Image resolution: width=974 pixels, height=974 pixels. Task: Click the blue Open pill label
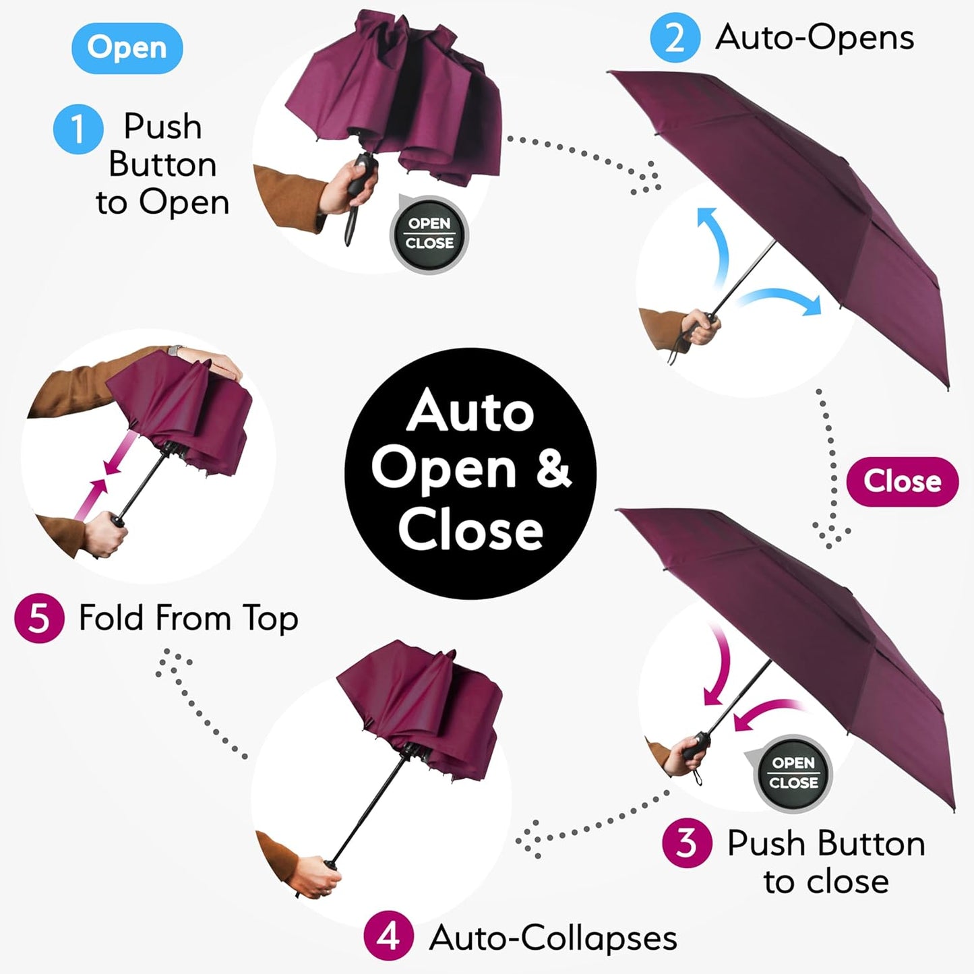click(x=127, y=48)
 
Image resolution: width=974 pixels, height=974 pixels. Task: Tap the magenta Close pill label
click(x=902, y=481)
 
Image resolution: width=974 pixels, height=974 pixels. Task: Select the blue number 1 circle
click(x=78, y=129)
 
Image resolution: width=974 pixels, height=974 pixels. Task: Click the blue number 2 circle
click(x=675, y=38)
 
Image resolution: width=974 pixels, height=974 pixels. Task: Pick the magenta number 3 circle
click(x=686, y=843)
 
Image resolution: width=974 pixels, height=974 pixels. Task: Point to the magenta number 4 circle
click(x=388, y=936)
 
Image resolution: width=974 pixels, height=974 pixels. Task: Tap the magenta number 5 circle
click(x=39, y=618)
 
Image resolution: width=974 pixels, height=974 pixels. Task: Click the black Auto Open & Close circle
click(x=470, y=472)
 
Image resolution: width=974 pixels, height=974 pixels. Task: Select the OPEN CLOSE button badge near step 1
click(x=429, y=234)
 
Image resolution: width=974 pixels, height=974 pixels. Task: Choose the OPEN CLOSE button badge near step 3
click(x=793, y=773)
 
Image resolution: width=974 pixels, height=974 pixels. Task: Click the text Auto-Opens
click(x=814, y=37)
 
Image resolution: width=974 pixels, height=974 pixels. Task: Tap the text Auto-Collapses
click(x=553, y=938)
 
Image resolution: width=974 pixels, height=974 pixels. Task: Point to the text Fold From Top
click(x=188, y=618)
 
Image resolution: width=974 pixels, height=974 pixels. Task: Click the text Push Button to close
click(x=826, y=862)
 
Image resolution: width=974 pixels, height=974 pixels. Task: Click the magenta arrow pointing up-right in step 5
click(x=91, y=499)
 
